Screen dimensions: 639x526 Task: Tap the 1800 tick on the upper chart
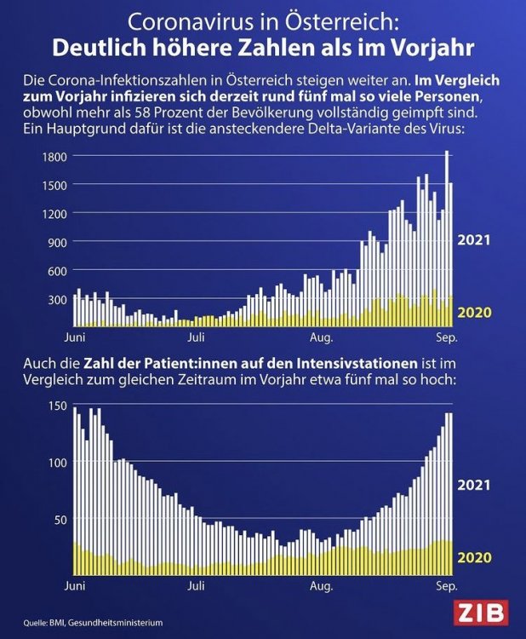click(56, 156)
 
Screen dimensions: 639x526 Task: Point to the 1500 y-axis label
click(56, 185)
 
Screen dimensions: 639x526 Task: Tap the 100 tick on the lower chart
click(57, 462)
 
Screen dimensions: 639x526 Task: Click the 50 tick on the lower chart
click(60, 519)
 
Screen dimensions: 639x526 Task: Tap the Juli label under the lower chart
click(197, 586)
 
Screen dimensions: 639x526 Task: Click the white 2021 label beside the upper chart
click(475, 240)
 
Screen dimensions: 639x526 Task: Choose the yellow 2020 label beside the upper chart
click(475, 312)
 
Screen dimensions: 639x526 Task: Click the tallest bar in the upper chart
click(447, 239)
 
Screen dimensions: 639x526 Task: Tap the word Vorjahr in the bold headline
click(423, 43)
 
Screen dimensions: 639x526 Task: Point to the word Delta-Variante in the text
click(372, 128)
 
